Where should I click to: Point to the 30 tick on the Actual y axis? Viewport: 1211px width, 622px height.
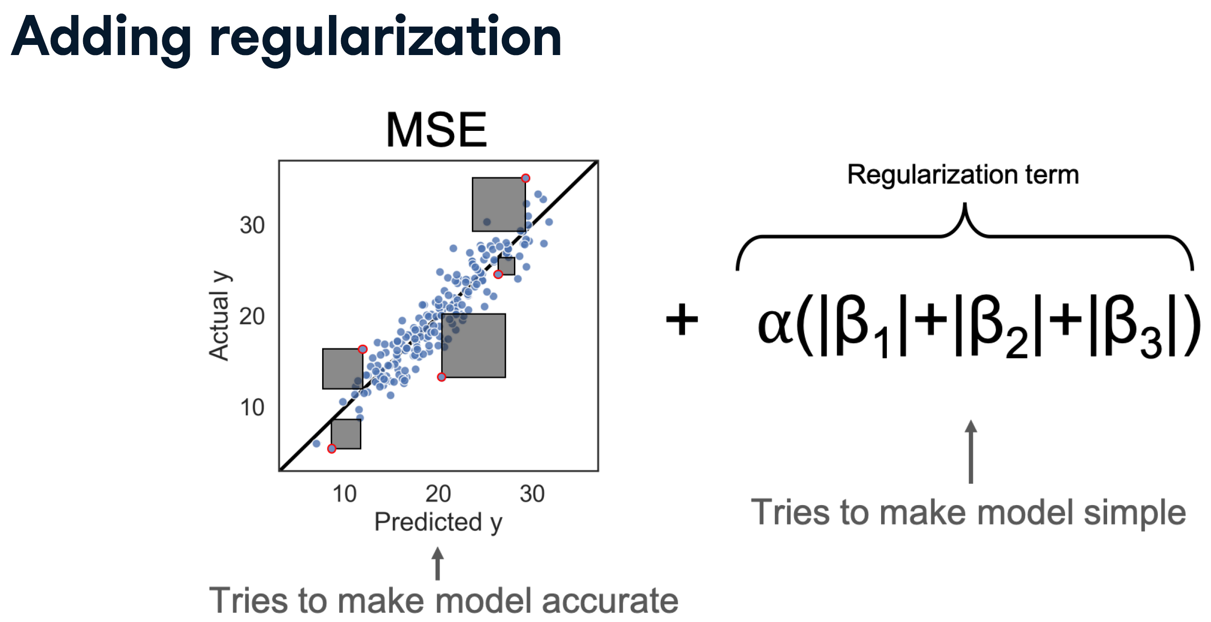coord(252,226)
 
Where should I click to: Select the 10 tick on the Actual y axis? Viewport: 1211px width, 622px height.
coord(252,408)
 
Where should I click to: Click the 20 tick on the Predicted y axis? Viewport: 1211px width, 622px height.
coord(438,494)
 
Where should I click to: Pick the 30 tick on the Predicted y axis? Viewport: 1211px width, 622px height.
coord(532,494)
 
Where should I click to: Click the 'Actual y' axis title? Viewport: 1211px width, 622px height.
coord(219,316)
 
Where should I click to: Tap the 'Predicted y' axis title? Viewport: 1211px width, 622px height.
coord(438,522)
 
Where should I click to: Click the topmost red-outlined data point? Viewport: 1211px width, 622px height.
coord(526,178)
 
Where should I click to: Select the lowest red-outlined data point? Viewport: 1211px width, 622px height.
coord(331,449)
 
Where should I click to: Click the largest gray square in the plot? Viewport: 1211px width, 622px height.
coord(473,345)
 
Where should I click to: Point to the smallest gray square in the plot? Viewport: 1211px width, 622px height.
coord(506,266)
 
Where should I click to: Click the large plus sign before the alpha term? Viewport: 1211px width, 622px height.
coord(682,319)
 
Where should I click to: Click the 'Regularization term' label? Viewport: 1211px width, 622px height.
coord(963,174)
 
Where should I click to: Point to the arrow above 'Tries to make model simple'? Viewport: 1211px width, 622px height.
coord(971,451)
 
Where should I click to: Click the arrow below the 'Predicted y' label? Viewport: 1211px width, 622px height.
coord(438,564)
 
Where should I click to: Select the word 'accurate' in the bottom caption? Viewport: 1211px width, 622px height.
coord(610,601)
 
